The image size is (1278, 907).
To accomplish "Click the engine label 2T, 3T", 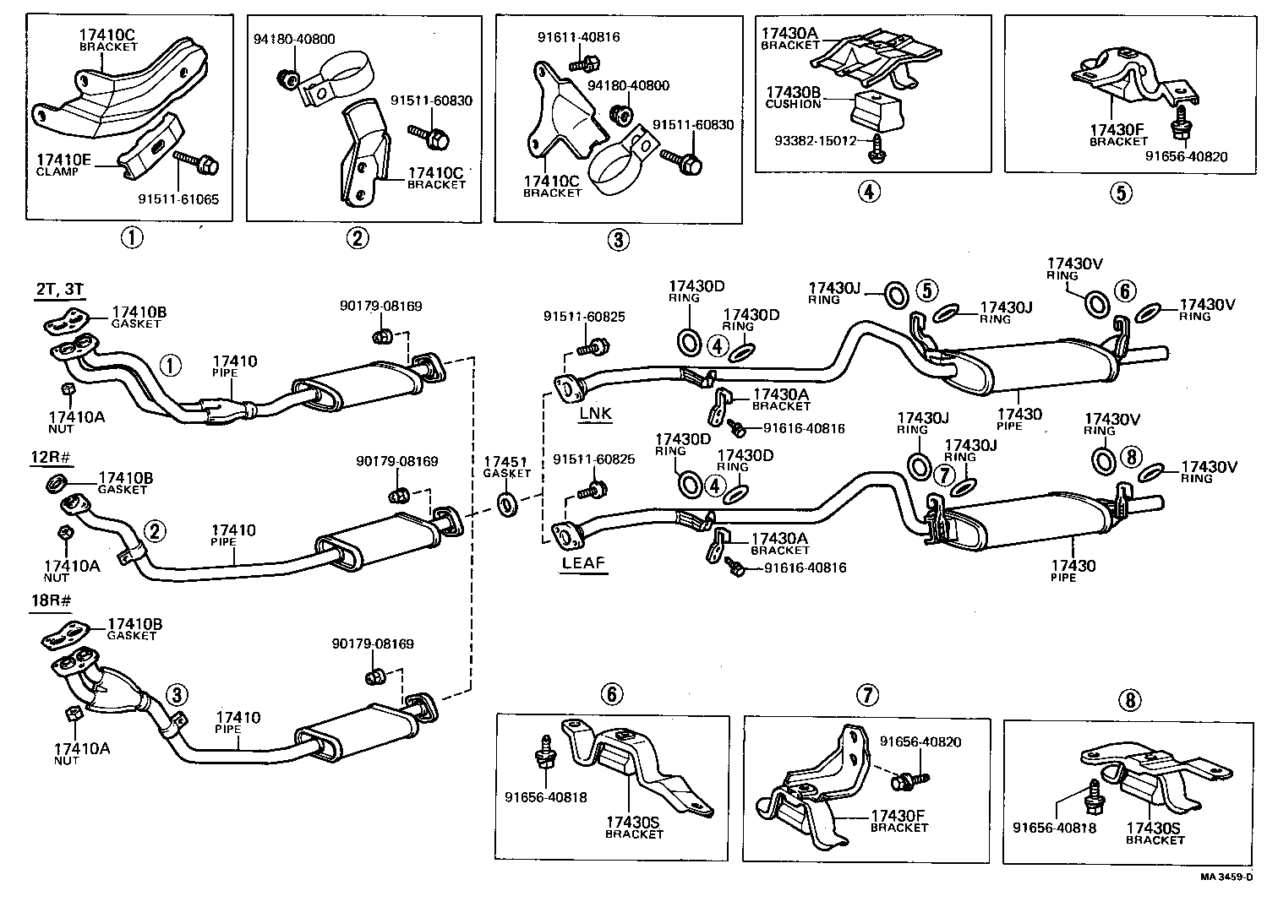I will [59, 290].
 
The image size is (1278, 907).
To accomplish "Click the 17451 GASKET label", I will [506, 467].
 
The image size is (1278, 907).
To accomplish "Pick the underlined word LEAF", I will [583, 562].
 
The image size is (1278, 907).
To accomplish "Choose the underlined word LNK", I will [595, 414].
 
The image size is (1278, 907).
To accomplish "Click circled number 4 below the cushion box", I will [869, 192].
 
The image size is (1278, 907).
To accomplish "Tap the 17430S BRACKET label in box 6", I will [634, 827].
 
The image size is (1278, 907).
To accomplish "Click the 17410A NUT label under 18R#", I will [82, 752].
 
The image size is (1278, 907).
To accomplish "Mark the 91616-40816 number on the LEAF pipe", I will [805, 568].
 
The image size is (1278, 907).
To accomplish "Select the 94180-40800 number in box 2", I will [294, 39].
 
